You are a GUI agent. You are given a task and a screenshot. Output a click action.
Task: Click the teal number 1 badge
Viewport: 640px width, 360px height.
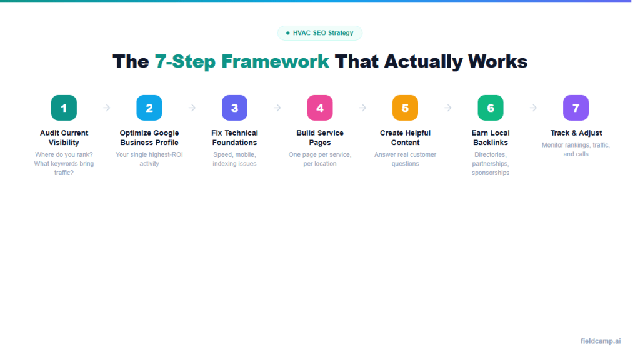coord(64,107)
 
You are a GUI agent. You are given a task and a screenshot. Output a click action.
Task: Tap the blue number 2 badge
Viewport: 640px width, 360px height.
coord(149,107)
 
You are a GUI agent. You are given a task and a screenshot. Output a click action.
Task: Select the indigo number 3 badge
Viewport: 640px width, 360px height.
coord(234,107)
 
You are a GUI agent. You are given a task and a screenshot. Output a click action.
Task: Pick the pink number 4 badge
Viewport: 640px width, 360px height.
coord(320,107)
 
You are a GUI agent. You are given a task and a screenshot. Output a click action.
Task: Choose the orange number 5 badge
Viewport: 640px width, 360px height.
coord(405,107)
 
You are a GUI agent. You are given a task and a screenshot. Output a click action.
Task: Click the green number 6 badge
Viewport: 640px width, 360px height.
coord(491,107)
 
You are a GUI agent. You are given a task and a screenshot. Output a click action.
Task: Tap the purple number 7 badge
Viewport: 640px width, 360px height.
coord(576,107)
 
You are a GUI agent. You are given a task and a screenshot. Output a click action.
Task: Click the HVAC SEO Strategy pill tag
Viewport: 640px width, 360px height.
coord(320,33)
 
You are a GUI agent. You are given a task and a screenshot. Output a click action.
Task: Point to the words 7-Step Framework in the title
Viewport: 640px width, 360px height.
coord(242,61)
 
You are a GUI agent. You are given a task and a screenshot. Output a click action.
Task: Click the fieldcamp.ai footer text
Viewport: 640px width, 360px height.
coord(601,341)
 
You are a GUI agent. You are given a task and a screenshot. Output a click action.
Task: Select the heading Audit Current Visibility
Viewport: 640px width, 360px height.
coord(64,137)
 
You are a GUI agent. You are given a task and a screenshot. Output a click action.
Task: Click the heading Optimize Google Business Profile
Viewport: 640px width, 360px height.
coord(149,137)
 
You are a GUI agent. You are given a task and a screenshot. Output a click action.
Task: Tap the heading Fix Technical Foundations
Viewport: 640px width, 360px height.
coord(234,137)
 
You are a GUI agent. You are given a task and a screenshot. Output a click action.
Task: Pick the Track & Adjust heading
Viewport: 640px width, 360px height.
coord(576,133)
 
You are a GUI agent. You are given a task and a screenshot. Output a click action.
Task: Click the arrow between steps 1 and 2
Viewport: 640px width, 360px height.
coord(107,107)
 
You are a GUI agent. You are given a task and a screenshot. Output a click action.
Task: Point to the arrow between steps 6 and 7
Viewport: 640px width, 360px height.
coord(533,107)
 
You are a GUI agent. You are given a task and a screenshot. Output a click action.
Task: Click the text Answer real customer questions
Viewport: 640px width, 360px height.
coord(405,159)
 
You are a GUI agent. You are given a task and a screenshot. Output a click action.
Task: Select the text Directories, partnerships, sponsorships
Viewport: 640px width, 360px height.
coord(491,163)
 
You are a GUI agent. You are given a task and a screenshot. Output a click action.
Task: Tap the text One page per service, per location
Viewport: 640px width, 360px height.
coord(320,159)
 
